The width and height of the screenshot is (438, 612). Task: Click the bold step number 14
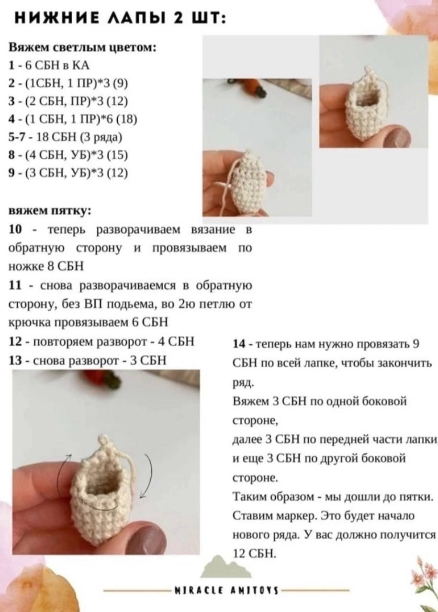point(239,344)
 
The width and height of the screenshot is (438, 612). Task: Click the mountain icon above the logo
point(225,567)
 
